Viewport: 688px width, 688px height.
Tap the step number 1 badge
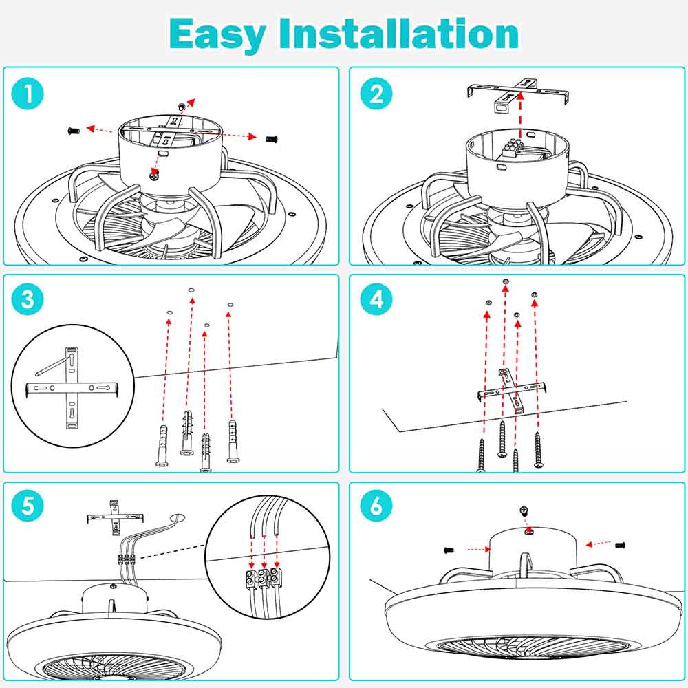(x=28, y=94)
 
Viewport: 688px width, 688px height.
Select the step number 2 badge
(x=376, y=94)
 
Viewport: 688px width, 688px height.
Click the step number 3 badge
(x=28, y=300)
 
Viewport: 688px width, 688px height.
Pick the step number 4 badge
(x=376, y=300)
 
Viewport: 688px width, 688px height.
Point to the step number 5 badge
(x=28, y=507)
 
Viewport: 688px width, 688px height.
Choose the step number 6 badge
(x=376, y=507)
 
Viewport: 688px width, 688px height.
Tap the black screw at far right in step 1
(x=272, y=138)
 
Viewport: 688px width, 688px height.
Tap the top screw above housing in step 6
(x=524, y=510)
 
